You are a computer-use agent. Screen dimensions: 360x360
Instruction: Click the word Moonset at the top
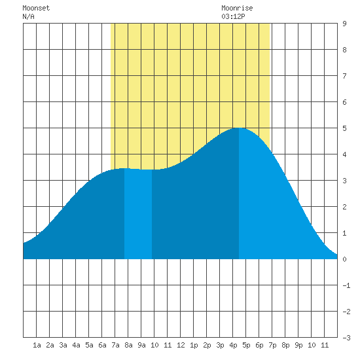(x=36, y=8)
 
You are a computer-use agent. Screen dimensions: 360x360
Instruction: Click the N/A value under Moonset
(x=28, y=16)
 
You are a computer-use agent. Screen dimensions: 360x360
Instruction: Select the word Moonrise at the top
(x=237, y=8)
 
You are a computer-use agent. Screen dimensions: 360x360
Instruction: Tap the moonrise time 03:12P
(x=233, y=16)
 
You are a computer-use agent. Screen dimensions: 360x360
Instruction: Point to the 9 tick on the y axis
(x=344, y=24)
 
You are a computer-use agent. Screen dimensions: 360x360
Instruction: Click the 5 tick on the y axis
(x=344, y=128)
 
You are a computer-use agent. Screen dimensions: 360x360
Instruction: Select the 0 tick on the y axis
(x=344, y=259)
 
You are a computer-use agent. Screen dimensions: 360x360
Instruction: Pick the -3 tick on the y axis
(x=346, y=338)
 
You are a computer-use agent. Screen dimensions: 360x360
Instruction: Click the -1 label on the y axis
(x=346, y=285)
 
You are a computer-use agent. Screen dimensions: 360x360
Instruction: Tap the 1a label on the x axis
(x=37, y=345)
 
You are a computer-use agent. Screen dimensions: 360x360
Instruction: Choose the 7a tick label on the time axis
(x=115, y=345)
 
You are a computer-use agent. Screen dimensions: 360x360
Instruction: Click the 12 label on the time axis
(x=181, y=345)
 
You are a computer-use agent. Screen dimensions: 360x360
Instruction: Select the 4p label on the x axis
(x=233, y=345)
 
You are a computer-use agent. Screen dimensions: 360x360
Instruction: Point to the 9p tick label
(x=298, y=345)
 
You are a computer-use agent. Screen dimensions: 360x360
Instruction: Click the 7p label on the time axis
(x=272, y=345)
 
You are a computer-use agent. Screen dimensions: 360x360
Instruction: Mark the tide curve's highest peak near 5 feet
(x=239, y=128)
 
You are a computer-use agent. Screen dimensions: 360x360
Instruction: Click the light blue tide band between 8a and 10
(x=138, y=214)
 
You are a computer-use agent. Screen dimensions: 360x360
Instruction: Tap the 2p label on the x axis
(x=207, y=345)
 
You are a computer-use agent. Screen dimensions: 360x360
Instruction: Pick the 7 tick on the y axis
(x=344, y=76)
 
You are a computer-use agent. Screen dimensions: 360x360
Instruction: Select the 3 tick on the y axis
(x=344, y=181)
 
